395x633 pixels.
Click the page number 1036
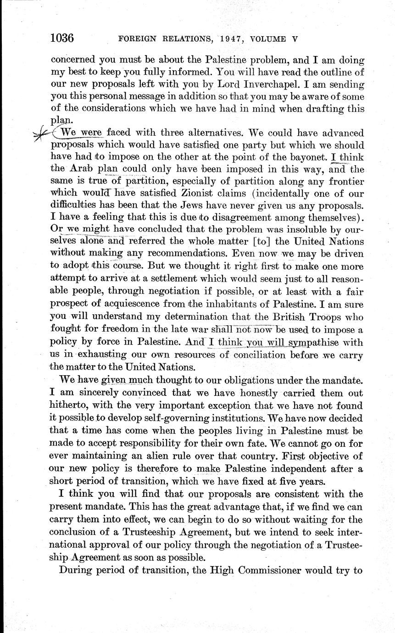point(62,38)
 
